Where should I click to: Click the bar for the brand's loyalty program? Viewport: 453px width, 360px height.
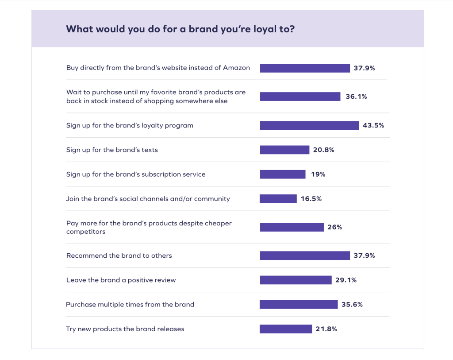[309, 125]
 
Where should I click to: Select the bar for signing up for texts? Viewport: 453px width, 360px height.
[284, 150]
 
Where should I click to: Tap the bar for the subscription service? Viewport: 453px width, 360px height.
[283, 174]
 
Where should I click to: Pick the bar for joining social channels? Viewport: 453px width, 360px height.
[278, 199]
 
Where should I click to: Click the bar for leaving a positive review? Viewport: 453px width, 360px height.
[296, 280]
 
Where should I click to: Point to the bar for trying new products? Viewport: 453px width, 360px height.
[286, 329]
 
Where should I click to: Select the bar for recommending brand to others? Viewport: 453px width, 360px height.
[305, 255]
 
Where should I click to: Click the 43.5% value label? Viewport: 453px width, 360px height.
[373, 125]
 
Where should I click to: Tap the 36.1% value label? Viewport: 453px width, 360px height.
[356, 97]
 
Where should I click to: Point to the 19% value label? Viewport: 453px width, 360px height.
[318, 174]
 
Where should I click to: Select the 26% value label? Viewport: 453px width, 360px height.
[335, 227]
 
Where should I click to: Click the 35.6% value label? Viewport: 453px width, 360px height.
[352, 305]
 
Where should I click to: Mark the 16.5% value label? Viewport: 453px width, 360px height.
[311, 199]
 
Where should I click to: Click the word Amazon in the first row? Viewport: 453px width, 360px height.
[236, 68]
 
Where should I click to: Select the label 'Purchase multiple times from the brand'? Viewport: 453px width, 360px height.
[130, 305]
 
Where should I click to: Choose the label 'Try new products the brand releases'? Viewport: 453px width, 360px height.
[125, 329]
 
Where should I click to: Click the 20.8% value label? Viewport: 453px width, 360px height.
[323, 150]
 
